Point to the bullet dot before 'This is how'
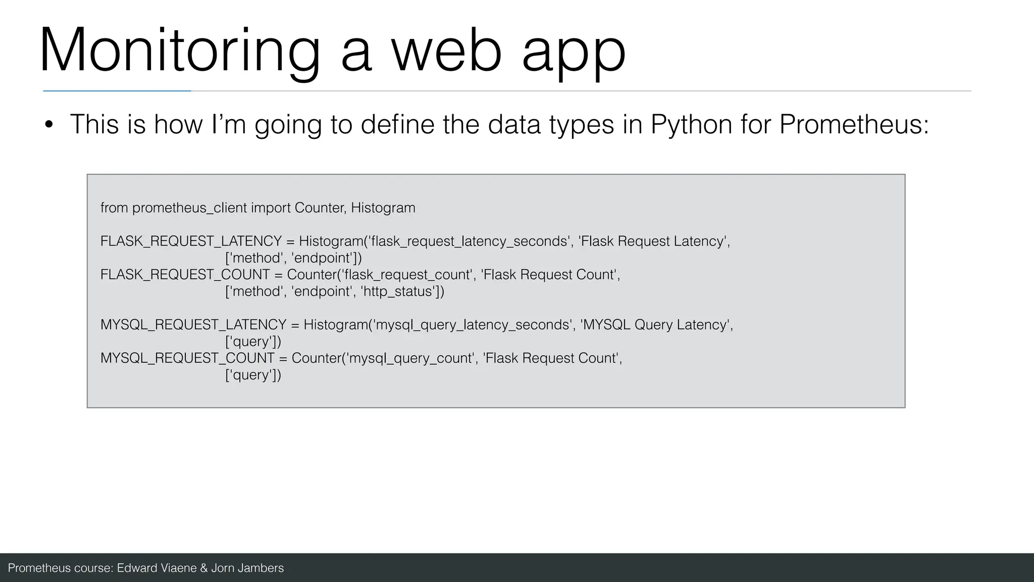click(x=48, y=125)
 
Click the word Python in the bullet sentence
click(x=691, y=124)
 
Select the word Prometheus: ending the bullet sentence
click(x=854, y=124)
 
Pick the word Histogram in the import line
click(x=383, y=208)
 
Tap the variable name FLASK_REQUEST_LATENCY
click(x=191, y=241)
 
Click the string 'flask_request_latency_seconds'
click(x=470, y=241)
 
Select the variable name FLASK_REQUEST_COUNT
click(x=185, y=275)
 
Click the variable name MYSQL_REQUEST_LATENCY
click(x=193, y=325)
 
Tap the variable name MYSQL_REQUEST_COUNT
click(x=187, y=358)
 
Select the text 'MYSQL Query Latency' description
click(x=656, y=325)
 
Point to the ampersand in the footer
click(x=204, y=568)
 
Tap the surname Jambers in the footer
click(x=261, y=568)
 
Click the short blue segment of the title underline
click(x=117, y=91)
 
